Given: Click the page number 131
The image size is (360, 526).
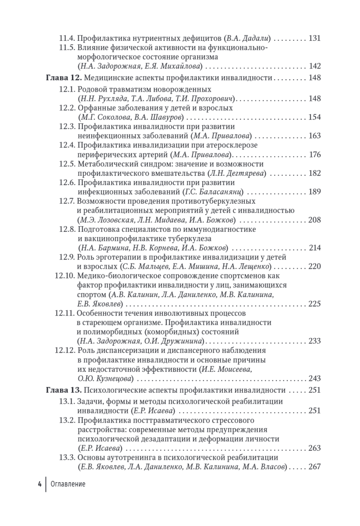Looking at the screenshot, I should [315, 38].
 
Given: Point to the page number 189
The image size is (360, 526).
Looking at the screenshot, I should [315, 192].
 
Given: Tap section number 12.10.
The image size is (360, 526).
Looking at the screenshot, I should [65, 276].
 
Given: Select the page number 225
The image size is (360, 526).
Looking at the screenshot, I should [315, 304].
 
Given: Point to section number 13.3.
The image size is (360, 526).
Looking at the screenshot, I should [67, 458].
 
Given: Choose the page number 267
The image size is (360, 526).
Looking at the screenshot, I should [315, 467].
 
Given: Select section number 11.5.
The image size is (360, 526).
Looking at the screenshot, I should [67, 47].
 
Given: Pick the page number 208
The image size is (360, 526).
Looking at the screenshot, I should [315, 220].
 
